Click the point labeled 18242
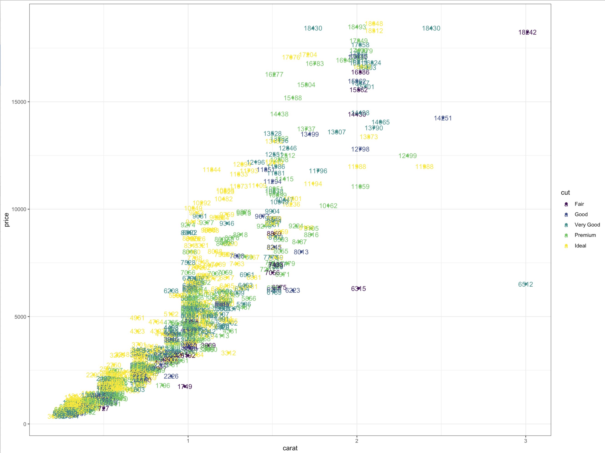(527, 32)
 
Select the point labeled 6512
(525, 284)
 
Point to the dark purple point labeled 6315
(358, 289)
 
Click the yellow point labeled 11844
(212, 170)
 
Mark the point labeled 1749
(185, 386)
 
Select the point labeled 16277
(274, 74)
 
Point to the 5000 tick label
(20, 317)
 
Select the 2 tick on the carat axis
(357, 441)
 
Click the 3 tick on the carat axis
(525, 441)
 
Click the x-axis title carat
(290, 448)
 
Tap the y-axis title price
(7, 220)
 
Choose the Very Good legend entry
(587, 225)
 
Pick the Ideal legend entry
(580, 246)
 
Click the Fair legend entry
(579, 204)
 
